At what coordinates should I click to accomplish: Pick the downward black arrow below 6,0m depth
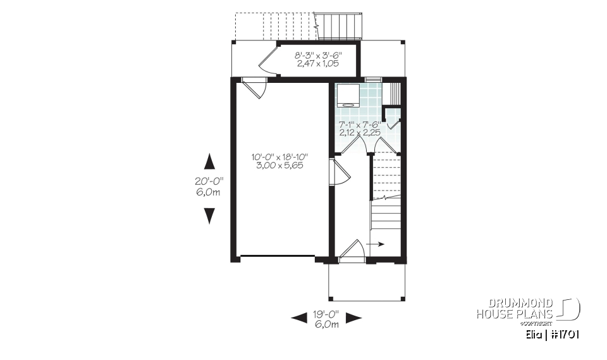coord(209,216)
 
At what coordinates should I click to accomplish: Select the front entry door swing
coord(352,251)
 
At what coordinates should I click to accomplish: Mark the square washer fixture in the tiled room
coord(347,96)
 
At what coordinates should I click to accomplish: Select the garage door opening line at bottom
coord(278,256)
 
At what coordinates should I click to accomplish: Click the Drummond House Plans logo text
coord(515,308)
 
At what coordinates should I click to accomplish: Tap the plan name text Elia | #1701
coord(553,334)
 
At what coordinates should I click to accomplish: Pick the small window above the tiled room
coord(373,79)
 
